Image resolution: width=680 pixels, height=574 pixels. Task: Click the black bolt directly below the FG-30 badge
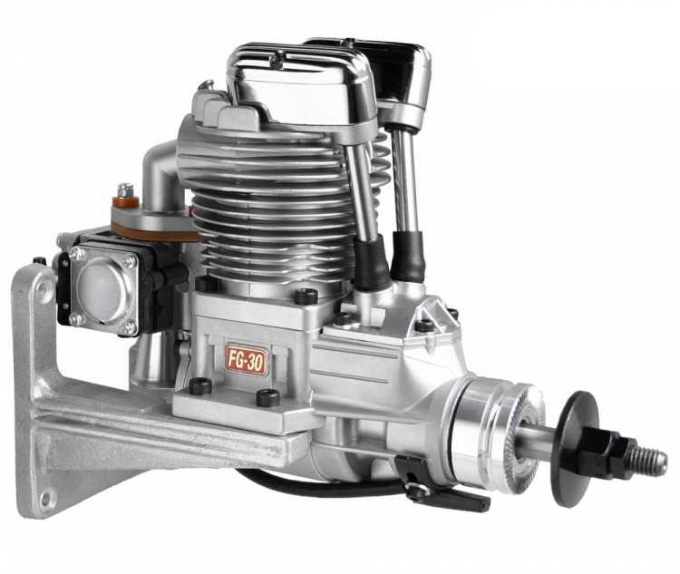point(267,397)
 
